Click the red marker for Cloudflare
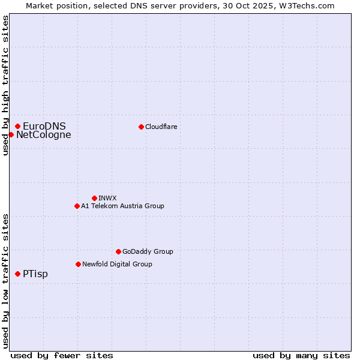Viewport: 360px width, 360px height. click(x=141, y=127)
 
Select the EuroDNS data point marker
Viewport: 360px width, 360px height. click(x=18, y=126)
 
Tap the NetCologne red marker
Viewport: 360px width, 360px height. click(x=11, y=134)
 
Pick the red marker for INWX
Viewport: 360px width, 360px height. click(x=94, y=198)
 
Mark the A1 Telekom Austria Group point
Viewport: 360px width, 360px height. click(x=77, y=206)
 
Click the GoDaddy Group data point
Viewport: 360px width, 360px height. click(x=118, y=251)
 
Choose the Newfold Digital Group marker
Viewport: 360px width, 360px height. click(x=78, y=264)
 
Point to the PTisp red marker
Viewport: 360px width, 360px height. click(x=18, y=274)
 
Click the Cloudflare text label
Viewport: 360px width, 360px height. click(x=161, y=127)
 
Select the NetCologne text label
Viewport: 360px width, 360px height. click(x=43, y=134)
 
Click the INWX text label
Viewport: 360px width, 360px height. click(x=107, y=198)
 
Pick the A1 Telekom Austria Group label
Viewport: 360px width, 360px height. click(x=122, y=206)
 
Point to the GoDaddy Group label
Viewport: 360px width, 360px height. click(x=148, y=251)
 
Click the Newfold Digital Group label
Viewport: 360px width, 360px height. click(x=117, y=264)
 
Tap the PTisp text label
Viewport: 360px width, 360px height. click(x=35, y=274)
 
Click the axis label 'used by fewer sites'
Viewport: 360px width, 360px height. click(x=62, y=355)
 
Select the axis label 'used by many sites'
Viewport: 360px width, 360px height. click(x=301, y=355)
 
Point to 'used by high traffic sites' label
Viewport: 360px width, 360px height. click(x=5, y=85)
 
